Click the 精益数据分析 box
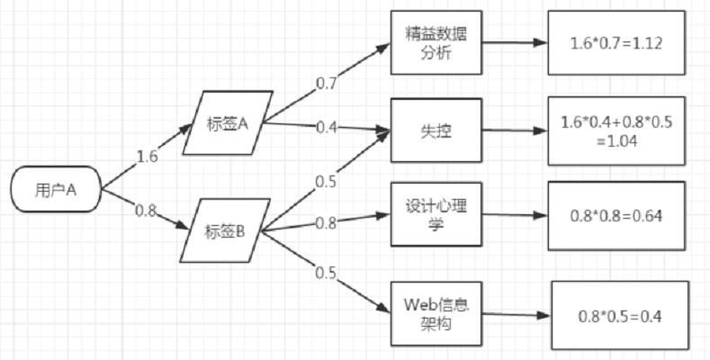436,43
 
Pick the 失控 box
436,130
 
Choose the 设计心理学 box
436,216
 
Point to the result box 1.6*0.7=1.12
616,42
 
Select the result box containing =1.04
616,130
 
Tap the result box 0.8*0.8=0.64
616,216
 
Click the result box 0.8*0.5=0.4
618,316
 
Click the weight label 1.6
148,156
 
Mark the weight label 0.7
326,83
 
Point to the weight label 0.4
327,127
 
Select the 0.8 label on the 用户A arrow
145,211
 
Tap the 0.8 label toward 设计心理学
327,222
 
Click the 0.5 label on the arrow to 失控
326,180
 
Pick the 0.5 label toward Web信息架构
325,273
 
